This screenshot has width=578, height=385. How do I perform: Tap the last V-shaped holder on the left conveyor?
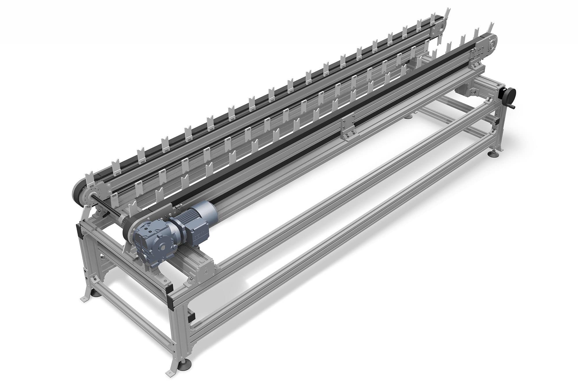pos(447,13)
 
